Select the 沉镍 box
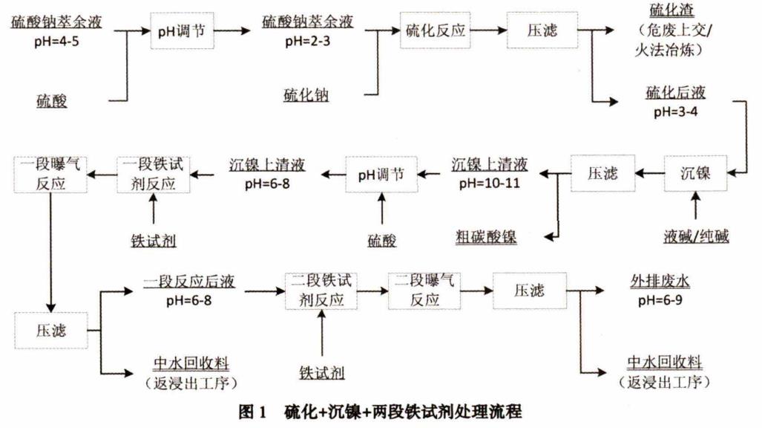coord(695,174)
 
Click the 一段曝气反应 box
coord(47,174)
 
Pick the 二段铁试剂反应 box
coord(321,290)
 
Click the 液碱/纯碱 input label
coord(696,237)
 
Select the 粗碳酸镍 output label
coord(486,237)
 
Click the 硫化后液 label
coord(675,94)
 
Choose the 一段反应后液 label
coord(188,281)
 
